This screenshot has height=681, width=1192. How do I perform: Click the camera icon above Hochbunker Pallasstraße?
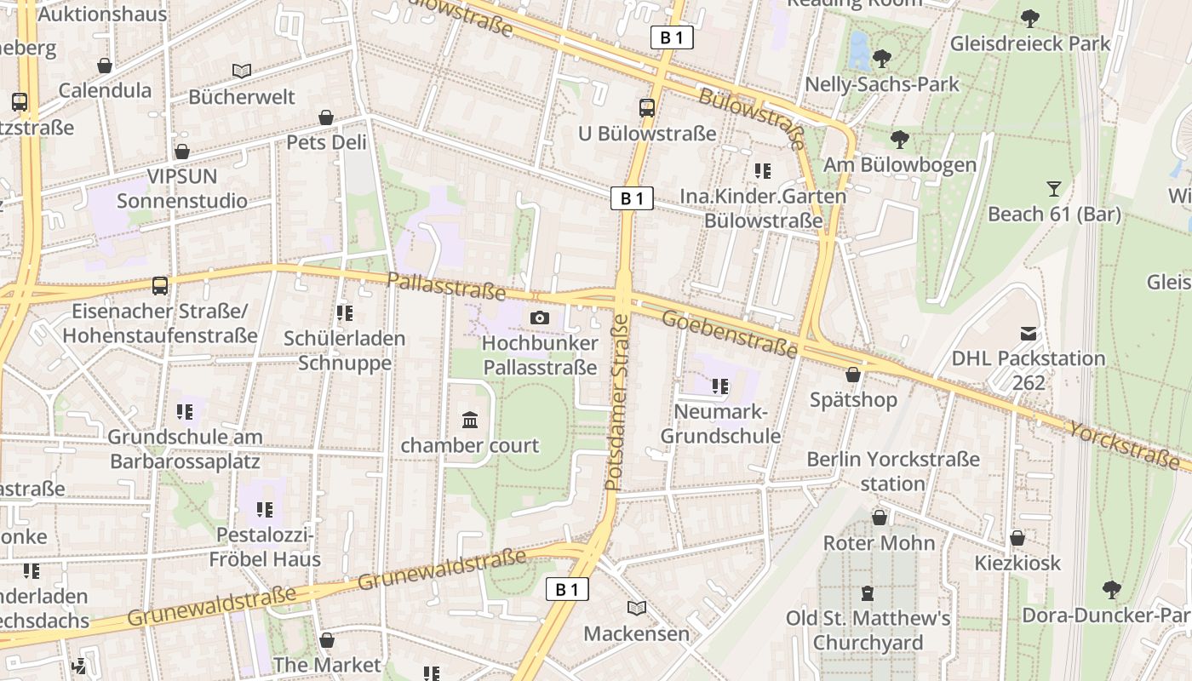539,318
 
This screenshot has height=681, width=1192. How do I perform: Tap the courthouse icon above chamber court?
470,420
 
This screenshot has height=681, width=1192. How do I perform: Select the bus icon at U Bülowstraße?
647,108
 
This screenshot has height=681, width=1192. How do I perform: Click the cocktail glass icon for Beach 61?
1054,189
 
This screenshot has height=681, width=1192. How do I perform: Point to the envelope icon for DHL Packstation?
1029,333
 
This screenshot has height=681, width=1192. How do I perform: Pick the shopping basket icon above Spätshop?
853,375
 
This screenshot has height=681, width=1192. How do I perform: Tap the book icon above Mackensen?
636,608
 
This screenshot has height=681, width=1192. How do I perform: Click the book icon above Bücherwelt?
242,72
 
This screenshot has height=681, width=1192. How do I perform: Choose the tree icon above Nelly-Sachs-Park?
882,59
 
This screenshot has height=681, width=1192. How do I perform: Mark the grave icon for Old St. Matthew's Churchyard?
868,592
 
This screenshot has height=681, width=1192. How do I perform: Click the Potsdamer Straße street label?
616,403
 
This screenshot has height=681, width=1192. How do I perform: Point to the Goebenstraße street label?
730,333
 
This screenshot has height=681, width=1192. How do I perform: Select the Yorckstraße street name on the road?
1129,444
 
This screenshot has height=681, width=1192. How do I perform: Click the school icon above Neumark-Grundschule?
720,387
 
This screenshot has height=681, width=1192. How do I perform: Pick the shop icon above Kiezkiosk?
1017,538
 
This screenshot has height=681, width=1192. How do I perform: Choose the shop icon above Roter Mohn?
880,518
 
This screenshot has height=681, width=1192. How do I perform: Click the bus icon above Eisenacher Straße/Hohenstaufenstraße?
160,285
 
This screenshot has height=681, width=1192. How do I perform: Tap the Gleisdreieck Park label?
1030,43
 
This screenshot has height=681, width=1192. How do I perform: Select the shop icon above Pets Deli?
326,117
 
